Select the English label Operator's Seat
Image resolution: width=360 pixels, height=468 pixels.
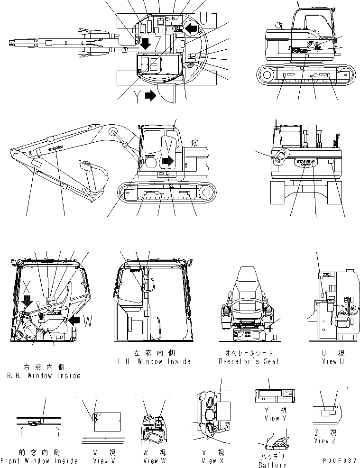click(x=249, y=361)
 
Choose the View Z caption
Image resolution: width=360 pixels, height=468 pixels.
click(x=325, y=440)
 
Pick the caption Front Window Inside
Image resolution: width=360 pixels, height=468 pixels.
click(x=39, y=461)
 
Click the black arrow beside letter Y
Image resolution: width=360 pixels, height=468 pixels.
click(x=150, y=95)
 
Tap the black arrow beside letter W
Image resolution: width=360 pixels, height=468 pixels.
click(x=74, y=321)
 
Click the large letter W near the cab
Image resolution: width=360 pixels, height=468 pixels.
click(x=87, y=321)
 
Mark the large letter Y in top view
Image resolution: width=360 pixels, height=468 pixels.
click(x=138, y=96)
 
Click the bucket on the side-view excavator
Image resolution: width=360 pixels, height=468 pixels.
click(x=92, y=178)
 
